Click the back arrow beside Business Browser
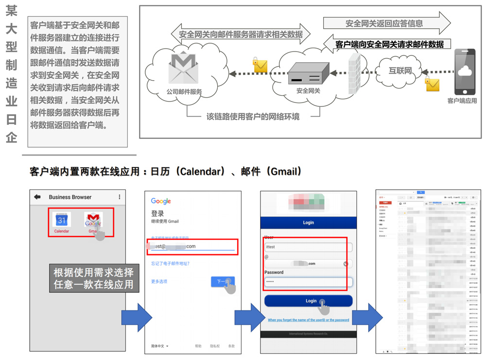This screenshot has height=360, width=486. point(37,197)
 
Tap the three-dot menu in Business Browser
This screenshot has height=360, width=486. point(120,197)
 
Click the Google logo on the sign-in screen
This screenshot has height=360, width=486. point(161,201)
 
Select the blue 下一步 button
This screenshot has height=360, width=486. point(223,282)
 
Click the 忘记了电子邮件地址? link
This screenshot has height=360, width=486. point(170,264)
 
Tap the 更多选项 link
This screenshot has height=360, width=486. point(159,281)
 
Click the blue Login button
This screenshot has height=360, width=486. point(308,301)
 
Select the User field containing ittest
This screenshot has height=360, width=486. point(308,247)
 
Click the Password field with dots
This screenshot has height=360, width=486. point(308,282)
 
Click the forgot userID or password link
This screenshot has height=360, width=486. point(308,320)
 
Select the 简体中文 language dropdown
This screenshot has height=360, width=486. point(160,346)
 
